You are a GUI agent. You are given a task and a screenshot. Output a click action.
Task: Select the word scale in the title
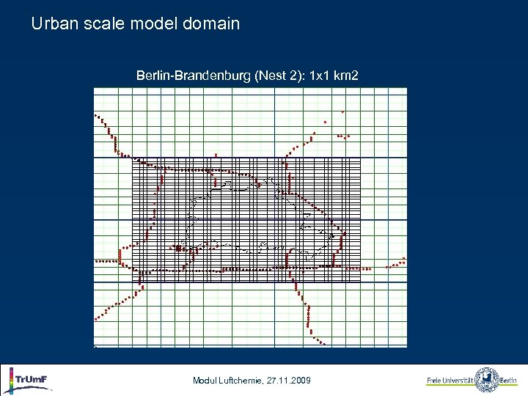pyautogui.click(x=104, y=23)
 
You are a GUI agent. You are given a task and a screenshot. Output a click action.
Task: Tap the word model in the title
pyautogui.click(x=153, y=23)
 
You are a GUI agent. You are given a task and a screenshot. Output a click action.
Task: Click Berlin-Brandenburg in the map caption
pyautogui.click(x=194, y=75)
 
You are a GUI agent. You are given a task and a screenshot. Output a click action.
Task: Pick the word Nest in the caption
pyautogui.click(x=270, y=75)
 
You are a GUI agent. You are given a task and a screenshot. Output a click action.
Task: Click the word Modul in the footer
pyautogui.click(x=205, y=380)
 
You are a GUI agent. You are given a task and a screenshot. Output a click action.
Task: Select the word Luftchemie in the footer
pyautogui.click(x=242, y=380)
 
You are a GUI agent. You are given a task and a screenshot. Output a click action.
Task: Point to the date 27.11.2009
pyautogui.click(x=290, y=380)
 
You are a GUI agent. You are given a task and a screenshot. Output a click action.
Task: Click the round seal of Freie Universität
pyautogui.click(x=487, y=380)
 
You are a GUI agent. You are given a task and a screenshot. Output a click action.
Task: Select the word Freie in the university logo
pyautogui.click(x=435, y=381)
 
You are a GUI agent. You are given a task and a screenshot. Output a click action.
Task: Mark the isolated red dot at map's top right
pyautogui.click(x=343, y=111)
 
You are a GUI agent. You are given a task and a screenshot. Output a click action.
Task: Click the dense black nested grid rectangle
pyautogui.click(x=246, y=220)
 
